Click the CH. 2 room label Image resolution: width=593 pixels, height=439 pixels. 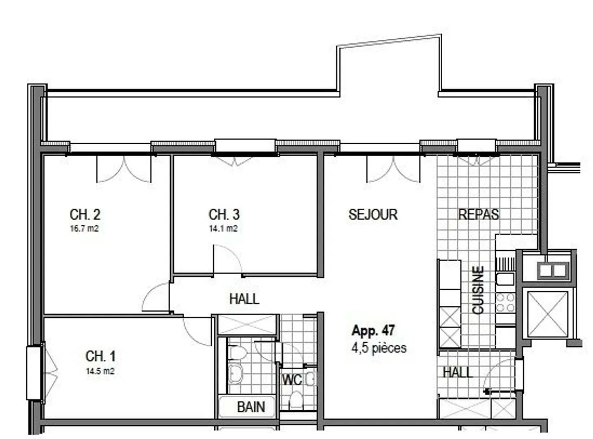85,214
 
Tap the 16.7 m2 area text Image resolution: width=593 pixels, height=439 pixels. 84,228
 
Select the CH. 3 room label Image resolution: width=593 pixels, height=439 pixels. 224,214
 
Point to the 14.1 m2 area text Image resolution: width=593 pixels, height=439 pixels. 223,228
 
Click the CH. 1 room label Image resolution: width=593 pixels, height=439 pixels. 100,356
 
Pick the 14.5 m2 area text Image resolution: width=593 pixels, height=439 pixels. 100,371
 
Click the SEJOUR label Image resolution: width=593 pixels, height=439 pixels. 373,214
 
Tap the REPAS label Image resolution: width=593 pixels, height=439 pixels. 479,214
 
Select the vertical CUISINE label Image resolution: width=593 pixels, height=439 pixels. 478,290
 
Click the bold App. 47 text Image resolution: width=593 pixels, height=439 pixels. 373,330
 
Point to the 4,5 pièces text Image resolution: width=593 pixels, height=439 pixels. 379,348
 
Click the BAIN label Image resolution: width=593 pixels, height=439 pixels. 251,407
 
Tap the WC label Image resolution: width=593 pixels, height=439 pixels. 292,379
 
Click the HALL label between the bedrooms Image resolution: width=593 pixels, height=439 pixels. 244,298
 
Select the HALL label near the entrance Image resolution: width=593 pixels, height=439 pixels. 458,372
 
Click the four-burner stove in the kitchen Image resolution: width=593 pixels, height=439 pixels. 505,303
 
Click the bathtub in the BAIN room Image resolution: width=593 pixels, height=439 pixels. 246,407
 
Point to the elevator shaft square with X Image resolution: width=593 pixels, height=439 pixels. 547,313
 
